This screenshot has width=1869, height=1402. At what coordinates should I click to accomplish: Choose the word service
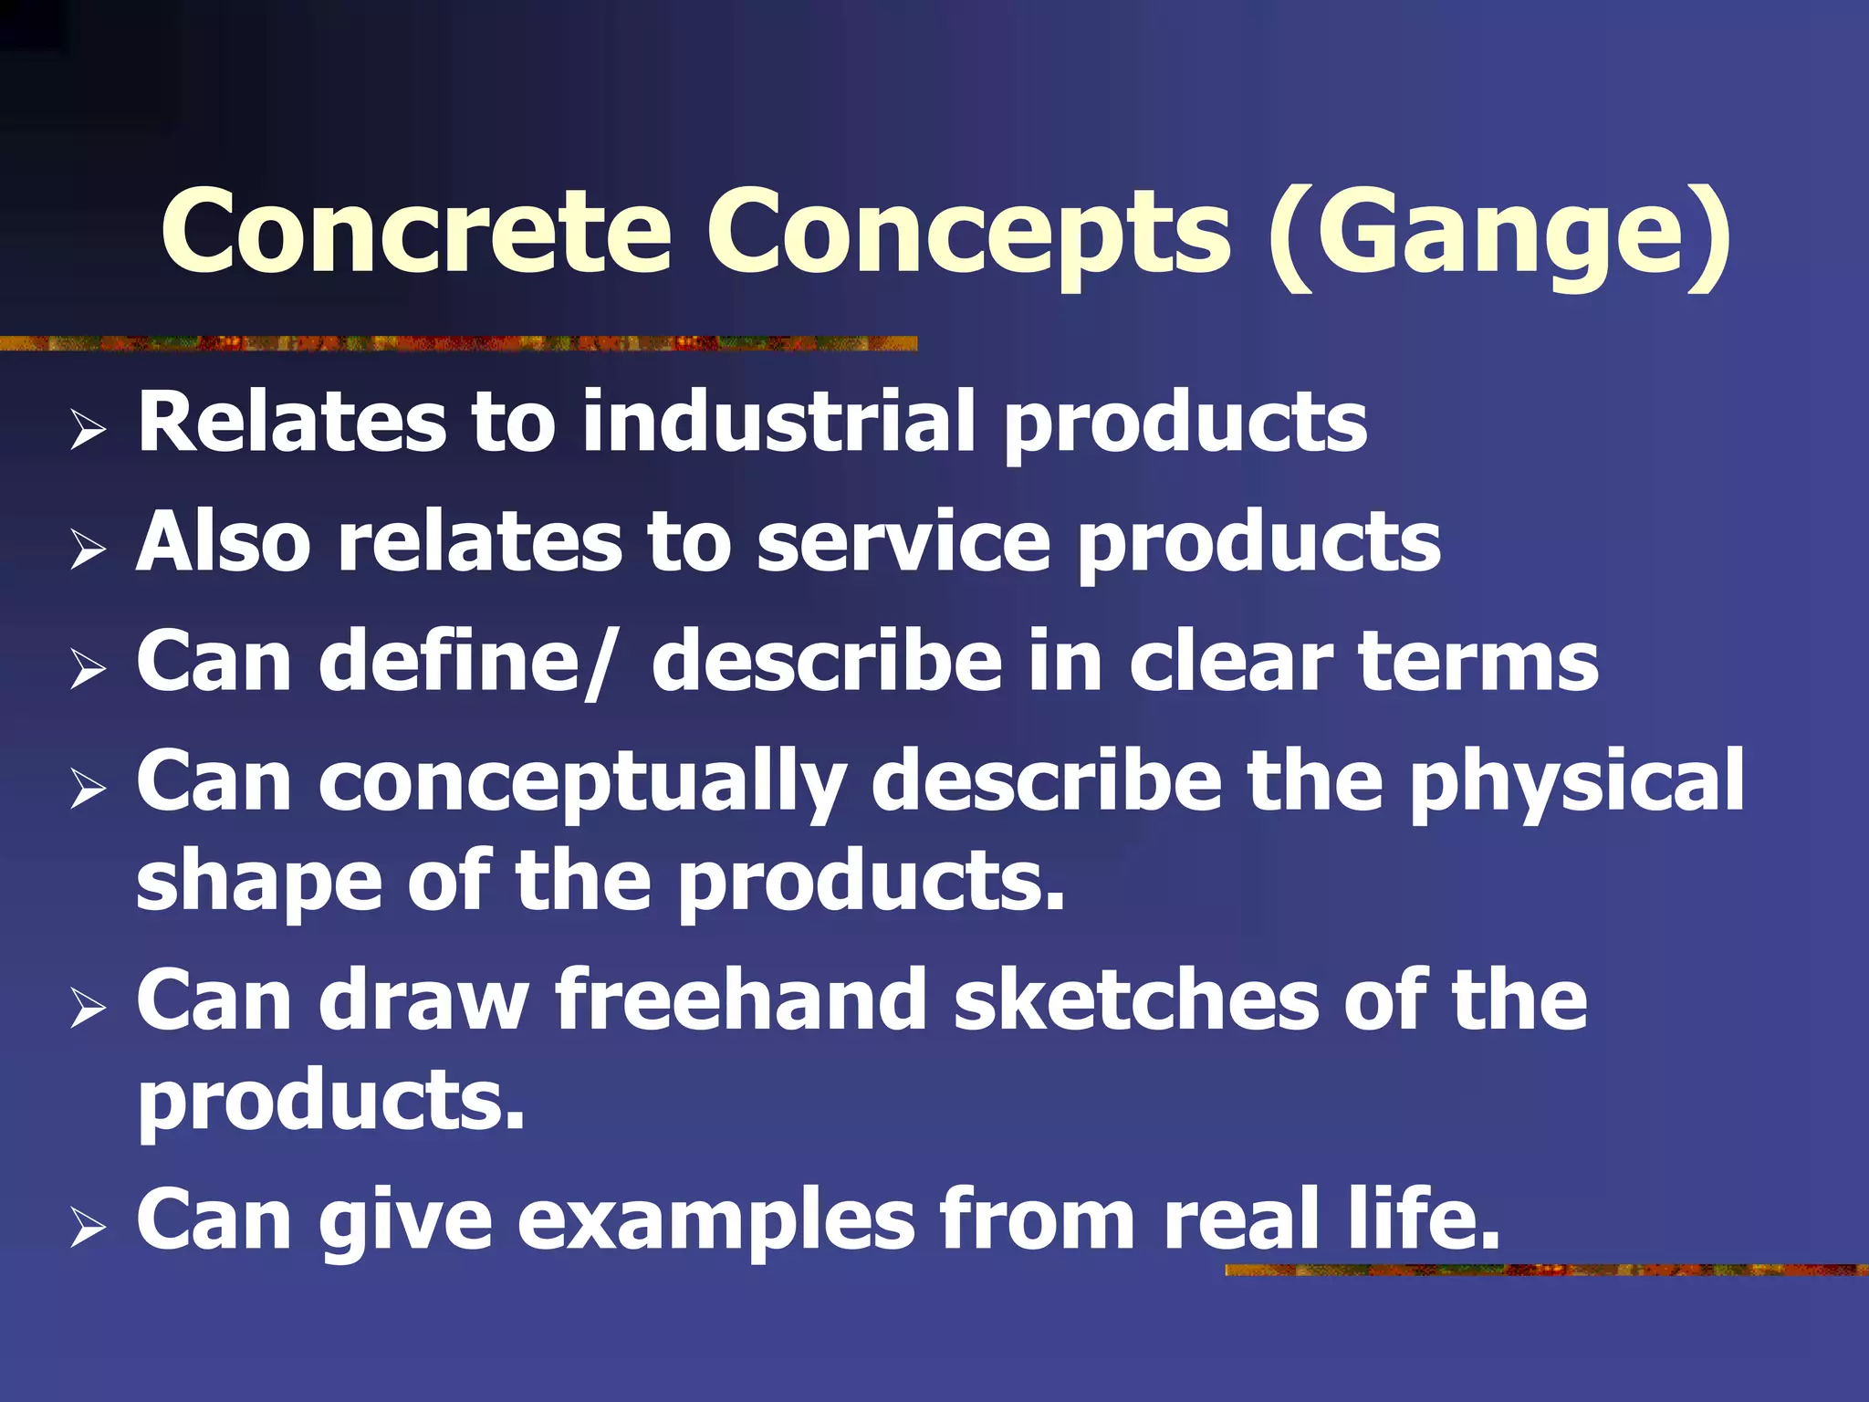click(903, 541)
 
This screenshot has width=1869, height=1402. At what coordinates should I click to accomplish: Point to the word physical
click(1577, 781)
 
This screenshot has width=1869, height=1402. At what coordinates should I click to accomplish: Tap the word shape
click(258, 880)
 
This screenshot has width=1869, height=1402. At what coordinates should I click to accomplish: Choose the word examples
click(716, 1219)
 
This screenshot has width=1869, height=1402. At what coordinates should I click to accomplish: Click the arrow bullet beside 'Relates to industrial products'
click(88, 429)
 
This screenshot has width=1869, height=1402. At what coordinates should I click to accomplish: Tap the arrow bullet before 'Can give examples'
click(88, 1227)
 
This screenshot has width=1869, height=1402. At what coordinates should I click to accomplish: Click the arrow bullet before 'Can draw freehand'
click(88, 1008)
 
